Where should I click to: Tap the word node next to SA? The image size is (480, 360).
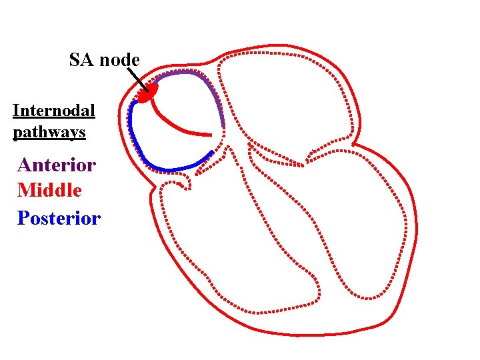119,61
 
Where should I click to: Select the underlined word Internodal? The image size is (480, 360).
54,110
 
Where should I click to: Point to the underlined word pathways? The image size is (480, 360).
49,133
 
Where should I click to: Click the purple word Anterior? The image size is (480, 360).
57,164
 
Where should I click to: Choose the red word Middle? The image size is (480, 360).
49,191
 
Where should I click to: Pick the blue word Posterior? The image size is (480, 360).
59,218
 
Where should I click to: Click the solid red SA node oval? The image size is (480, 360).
148,93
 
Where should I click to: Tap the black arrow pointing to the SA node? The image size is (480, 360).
138,79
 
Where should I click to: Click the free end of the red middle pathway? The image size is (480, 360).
211,133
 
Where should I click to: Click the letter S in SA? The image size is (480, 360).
75,60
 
